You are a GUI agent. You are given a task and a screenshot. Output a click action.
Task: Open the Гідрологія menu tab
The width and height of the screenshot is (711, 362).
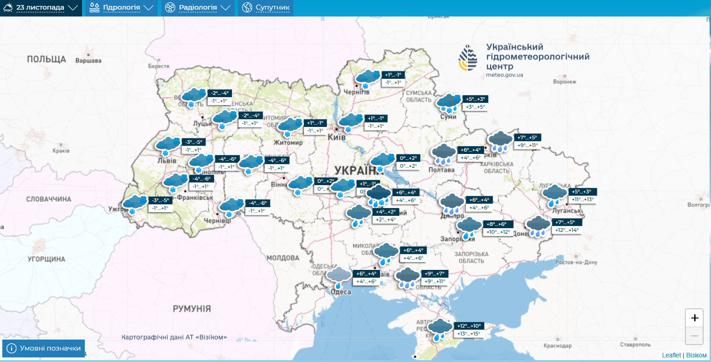click(x=121, y=8)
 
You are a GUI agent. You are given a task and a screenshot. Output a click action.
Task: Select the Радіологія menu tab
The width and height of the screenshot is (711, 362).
click(x=198, y=8)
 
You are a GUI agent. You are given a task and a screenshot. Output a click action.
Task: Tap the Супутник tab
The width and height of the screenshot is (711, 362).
click(x=266, y=8)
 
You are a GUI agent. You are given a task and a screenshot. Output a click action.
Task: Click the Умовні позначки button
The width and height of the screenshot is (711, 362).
click(x=44, y=348)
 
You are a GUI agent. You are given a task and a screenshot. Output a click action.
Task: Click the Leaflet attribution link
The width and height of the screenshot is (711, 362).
click(x=671, y=355)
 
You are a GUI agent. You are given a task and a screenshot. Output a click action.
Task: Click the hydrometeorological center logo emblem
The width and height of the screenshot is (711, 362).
click(x=468, y=59)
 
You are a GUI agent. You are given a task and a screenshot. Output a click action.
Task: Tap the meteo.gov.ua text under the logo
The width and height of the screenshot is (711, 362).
click(x=505, y=75)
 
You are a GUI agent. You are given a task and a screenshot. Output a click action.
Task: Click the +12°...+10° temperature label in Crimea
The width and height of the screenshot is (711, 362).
click(x=469, y=326)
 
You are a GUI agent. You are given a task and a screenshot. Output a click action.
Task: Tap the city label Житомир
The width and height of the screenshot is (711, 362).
click(x=288, y=143)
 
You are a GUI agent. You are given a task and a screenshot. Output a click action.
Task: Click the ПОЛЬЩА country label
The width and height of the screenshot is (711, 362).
click(x=46, y=59)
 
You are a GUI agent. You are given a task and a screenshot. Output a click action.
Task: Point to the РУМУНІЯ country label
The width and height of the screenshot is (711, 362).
click(x=192, y=308)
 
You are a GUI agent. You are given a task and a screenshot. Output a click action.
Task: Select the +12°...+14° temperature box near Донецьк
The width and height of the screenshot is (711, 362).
click(x=567, y=230)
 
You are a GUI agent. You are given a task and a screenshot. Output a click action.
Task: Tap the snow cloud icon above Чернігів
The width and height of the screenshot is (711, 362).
click(x=368, y=78)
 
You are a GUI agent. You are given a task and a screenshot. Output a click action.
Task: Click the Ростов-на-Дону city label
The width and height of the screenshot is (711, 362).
click(x=576, y=263)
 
